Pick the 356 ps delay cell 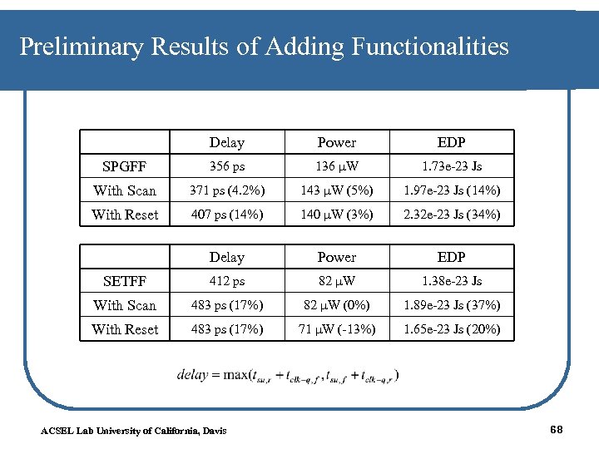(227, 166)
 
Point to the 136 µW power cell (336, 166)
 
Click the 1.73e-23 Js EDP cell (452, 166)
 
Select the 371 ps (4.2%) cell (227, 190)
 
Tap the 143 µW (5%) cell (336, 190)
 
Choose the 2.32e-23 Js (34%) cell (452, 215)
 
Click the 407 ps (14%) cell (227, 215)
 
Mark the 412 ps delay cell (227, 281)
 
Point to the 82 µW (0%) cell (336, 305)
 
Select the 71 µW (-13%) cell (336, 329)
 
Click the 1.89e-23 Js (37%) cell (452, 305)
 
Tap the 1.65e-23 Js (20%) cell (452, 329)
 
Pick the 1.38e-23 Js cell (452, 281)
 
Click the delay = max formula (288, 375)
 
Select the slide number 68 (557, 428)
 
